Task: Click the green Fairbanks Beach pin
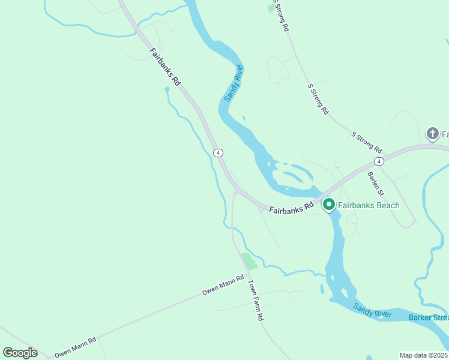329,205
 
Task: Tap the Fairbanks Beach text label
368,205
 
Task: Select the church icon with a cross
432,134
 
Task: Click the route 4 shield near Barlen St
378,161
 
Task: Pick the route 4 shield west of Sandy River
218,153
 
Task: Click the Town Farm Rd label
256,301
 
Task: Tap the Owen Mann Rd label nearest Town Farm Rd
223,286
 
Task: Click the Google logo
20,353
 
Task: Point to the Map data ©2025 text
423,355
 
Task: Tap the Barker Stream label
429,317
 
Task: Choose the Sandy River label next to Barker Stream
372,311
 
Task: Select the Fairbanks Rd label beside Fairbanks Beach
292,208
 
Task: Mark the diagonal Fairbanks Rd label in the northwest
166,68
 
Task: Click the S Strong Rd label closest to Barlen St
366,142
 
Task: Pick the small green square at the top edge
271,8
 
